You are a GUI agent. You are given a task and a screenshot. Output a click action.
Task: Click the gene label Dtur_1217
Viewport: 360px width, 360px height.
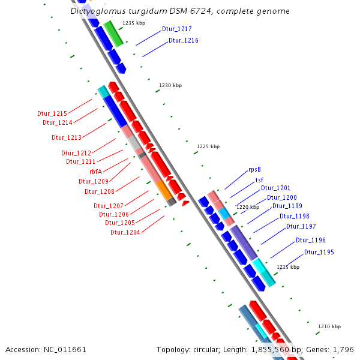click(x=177, y=29)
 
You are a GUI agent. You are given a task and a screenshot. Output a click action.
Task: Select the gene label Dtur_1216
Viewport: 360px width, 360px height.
click(x=183, y=41)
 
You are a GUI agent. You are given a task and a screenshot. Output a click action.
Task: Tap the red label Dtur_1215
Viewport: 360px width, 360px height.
click(x=52, y=113)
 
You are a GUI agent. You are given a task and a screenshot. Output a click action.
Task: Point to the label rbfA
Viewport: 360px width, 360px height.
click(x=95, y=172)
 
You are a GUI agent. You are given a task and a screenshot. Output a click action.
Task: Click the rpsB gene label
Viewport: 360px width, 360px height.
click(x=254, y=170)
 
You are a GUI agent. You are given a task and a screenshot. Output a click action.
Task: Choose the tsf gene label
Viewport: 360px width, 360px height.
click(x=259, y=180)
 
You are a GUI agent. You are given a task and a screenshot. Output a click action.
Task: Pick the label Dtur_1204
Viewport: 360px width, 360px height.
click(x=125, y=232)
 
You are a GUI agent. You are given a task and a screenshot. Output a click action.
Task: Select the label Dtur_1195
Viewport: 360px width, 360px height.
click(x=319, y=253)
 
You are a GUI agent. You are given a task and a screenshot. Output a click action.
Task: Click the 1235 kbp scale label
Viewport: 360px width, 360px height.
click(x=134, y=23)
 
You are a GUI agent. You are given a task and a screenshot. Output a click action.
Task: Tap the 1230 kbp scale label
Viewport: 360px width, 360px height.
click(x=170, y=86)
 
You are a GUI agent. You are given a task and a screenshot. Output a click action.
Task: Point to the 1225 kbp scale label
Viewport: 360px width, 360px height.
click(x=208, y=146)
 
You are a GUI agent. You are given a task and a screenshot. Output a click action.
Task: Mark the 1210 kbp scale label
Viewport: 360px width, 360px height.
click(x=329, y=326)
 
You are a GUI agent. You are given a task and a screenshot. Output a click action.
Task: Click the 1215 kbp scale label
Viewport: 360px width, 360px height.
click(x=287, y=267)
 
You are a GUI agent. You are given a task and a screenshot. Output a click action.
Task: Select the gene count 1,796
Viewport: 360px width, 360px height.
click(x=342, y=349)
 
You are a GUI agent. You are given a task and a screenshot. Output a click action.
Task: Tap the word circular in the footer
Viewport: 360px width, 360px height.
click(x=212, y=349)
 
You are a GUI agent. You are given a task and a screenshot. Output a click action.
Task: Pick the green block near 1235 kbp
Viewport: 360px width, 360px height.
click(x=113, y=33)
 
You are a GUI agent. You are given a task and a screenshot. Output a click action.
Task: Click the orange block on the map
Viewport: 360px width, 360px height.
click(x=163, y=190)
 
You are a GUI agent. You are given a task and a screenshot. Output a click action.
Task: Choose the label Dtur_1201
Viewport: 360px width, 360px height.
click(x=275, y=188)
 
